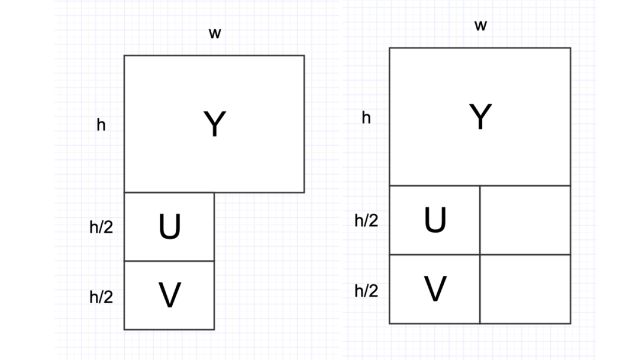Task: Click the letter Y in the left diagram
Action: (x=214, y=125)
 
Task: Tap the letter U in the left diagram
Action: (x=169, y=227)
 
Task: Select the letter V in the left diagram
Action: (x=169, y=295)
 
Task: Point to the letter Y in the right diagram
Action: (x=480, y=117)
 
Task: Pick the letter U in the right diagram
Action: (x=435, y=220)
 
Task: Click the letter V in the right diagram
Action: (x=435, y=290)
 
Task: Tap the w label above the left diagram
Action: (x=215, y=34)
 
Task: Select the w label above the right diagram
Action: (x=480, y=26)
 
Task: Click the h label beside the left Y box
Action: (x=101, y=125)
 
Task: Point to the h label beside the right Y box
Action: (x=366, y=118)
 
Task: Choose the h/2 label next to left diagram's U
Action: (x=101, y=227)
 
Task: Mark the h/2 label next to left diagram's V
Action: (x=101, y=297)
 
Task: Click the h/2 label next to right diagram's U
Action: (x=366, y=221)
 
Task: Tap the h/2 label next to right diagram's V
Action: (x=366, y=290)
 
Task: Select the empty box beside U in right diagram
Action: (x=525, y=220)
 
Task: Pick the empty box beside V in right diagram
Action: (x=525, y=290)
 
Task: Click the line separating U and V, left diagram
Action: (x=169, y=261)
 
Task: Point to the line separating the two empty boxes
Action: (x=525, y=255)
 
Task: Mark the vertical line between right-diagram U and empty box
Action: (x=480, y=220)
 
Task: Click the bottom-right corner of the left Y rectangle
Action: (x=304, y=192)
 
